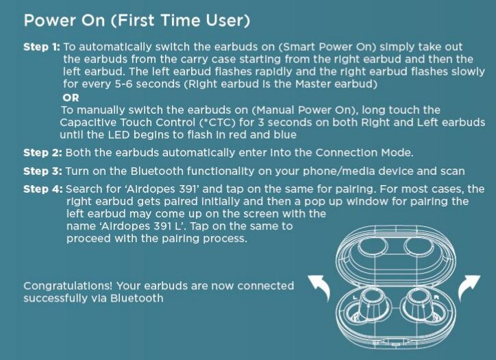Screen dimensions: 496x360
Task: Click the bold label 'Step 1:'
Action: pos(41,47)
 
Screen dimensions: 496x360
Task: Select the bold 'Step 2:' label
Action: pos(42,153)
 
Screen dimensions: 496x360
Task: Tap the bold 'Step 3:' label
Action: pos(42,171)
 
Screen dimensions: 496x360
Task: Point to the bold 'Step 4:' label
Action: pos(43,189)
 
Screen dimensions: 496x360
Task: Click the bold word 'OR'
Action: pos(71,98)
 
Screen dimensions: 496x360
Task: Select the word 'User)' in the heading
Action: pos(228,21)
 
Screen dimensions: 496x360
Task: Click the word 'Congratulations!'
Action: pos(68,286)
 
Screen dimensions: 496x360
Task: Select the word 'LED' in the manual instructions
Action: pos(119,135)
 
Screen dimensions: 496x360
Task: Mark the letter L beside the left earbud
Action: pos(354,298)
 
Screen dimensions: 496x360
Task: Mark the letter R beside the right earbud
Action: pos(436,298)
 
